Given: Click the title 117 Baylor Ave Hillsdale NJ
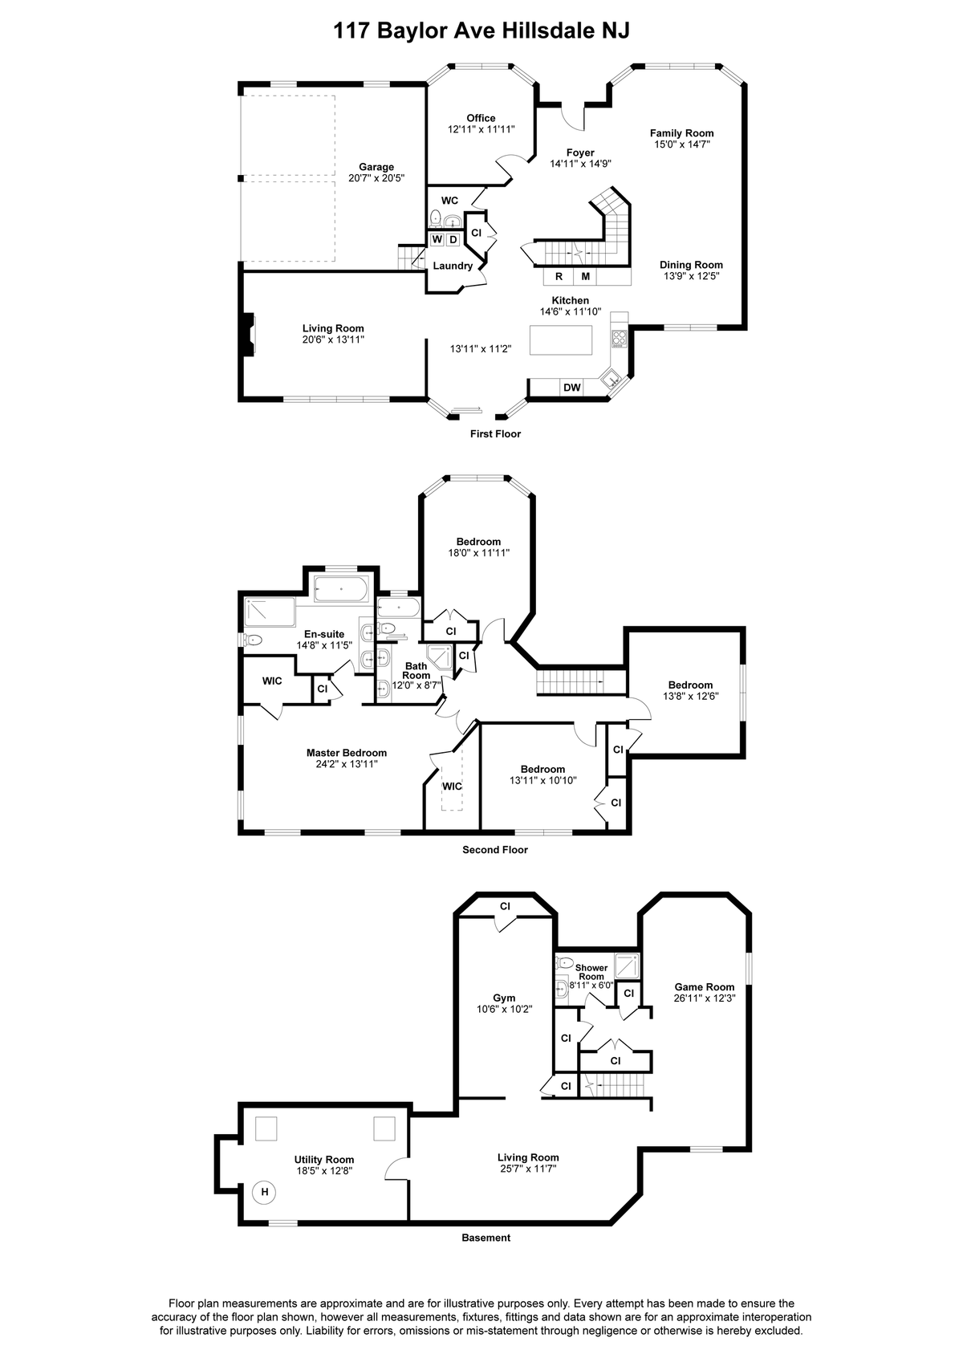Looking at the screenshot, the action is tap(481, 30).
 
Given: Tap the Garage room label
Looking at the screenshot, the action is tap(376, 167).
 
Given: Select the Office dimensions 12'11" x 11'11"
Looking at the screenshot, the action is tap(481, 129).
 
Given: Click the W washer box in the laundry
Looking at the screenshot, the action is tap(437, 239).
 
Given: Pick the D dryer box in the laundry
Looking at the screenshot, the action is tap(453, 239).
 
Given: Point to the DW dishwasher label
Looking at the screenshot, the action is tap(572, 388).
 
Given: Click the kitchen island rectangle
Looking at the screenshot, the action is tap(561, 339).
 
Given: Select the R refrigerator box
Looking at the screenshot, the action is tap(559, 277).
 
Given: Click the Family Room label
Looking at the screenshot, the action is tap(681, 133).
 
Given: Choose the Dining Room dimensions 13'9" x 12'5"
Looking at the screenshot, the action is tap(691, 275).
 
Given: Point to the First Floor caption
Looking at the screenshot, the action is tap(495, 433).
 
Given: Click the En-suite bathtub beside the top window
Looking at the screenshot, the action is tap(341, 589).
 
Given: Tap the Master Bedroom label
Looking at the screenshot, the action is tap(347, 753).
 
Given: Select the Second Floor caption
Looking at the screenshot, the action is tap(495, 849).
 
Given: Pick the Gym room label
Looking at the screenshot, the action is tap(504, 998).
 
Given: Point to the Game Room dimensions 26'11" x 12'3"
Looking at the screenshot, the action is tap(705, 998).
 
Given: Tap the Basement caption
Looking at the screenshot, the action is tap(486, 1238).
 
